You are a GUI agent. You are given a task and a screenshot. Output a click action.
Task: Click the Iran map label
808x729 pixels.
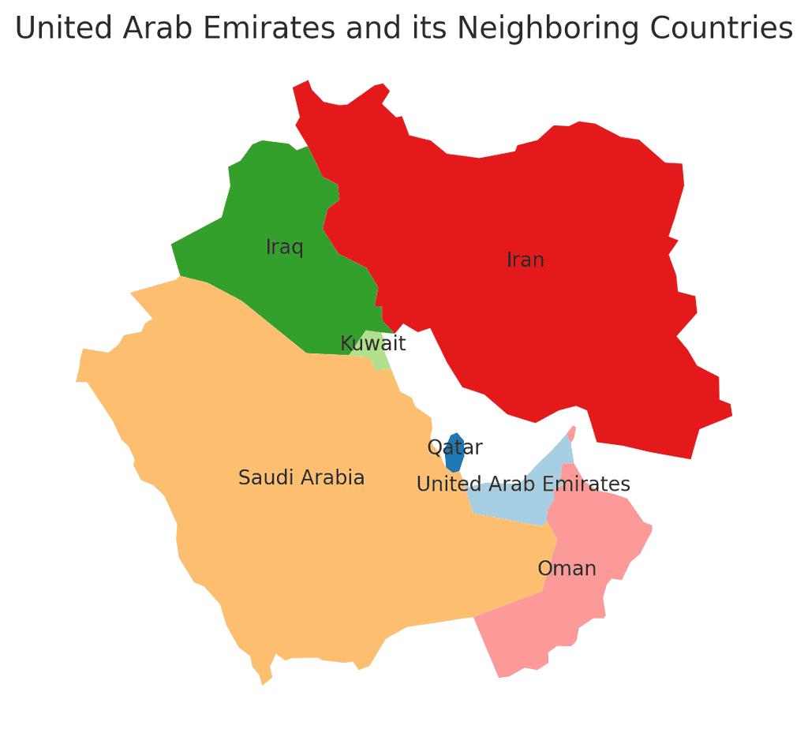526,260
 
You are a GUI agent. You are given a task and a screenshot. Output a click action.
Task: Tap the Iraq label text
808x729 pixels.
285,247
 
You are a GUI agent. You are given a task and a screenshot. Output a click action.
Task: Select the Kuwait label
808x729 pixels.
372,344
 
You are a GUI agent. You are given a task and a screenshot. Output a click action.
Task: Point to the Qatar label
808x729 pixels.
454,447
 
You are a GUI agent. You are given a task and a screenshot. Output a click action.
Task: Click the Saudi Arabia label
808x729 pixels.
301,477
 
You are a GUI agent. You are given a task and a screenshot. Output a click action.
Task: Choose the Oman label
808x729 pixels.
567,568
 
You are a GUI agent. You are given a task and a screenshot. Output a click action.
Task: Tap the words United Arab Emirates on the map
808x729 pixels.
523,484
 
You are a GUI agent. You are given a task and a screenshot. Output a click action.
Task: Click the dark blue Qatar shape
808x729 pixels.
454,462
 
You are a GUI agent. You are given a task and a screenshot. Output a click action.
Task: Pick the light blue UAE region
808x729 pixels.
513,505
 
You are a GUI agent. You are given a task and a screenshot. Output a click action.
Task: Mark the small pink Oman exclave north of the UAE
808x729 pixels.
572,433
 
